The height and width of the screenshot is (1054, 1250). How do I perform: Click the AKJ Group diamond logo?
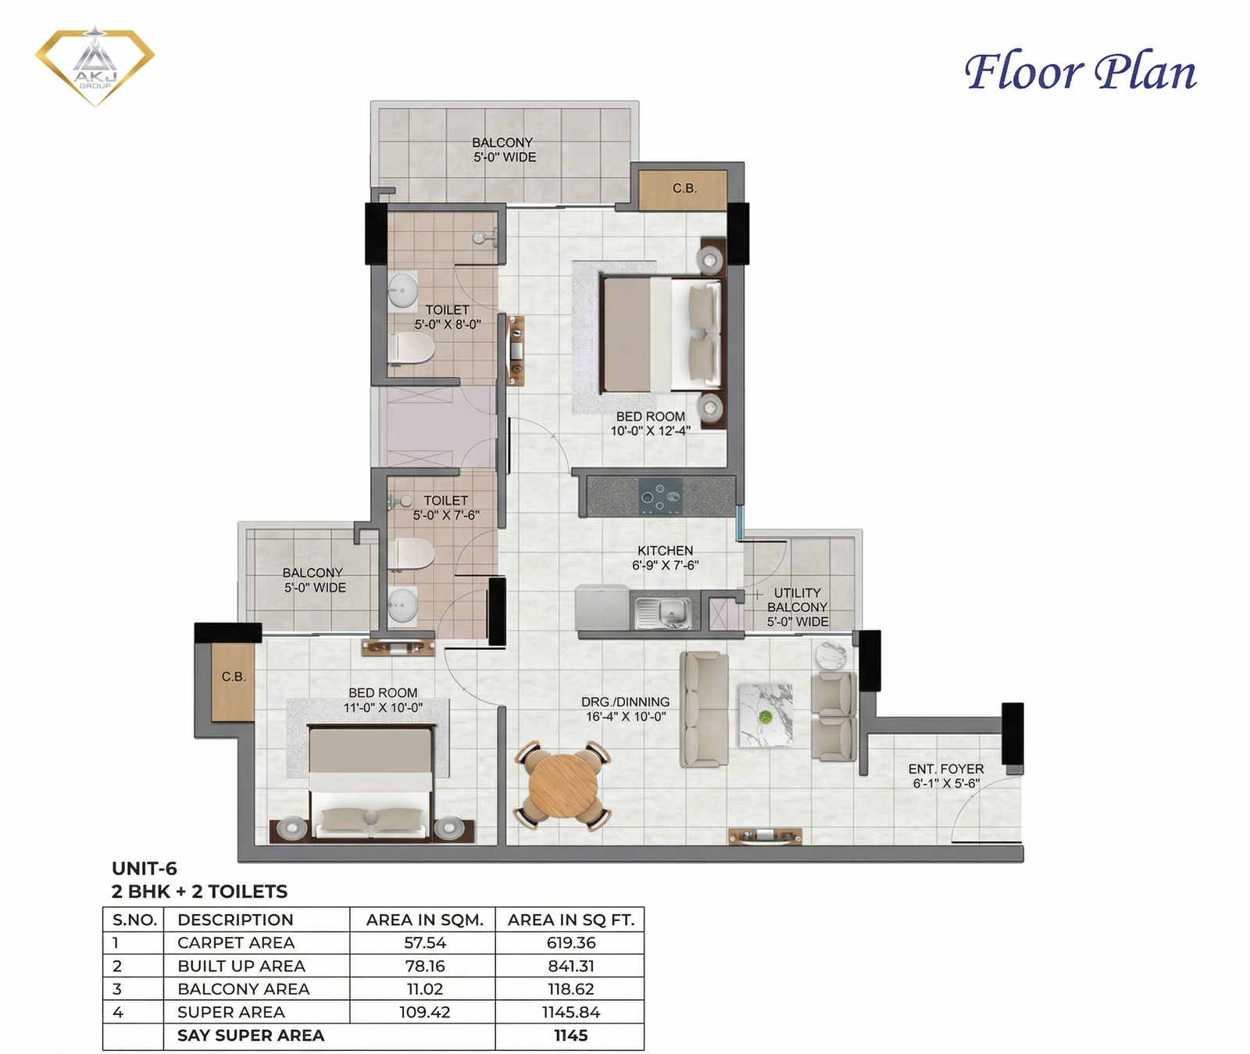pos(95,66)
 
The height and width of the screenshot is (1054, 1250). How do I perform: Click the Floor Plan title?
pos(1080,72)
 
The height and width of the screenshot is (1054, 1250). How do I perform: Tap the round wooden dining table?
pos(562,784)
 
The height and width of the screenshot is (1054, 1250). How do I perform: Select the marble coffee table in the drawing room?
pos(766,715)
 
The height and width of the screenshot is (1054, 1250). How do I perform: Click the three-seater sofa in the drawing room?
pos(704,709)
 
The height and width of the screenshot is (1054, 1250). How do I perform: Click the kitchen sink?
pos(662,612)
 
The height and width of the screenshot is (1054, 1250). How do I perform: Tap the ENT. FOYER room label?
pos(945,776)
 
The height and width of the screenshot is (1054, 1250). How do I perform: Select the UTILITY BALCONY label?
pos(797,607)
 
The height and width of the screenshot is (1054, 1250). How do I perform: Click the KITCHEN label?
pos(665,551)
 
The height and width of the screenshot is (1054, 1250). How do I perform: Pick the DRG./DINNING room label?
pos(625,702)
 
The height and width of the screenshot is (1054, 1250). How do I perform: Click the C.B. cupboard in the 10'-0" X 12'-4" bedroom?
pos(684,189)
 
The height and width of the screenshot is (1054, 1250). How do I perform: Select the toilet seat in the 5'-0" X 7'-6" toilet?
pos(411,554)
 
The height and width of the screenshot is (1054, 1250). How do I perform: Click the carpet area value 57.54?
pos(425,943)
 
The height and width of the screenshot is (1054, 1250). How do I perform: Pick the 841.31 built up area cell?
pos(571,966)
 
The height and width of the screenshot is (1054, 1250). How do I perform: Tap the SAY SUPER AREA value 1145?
pos(570,1035)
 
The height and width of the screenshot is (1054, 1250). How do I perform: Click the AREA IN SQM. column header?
pos(425,920)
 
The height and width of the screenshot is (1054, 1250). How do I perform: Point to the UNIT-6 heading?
pos(145,868)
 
